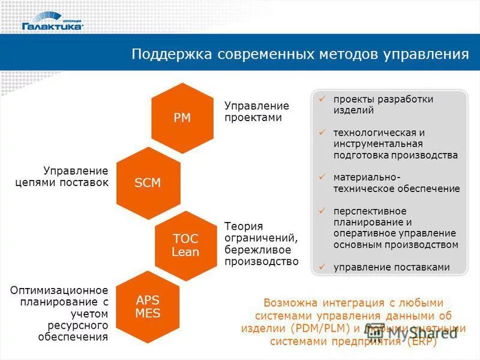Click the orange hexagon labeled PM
pos(182,118)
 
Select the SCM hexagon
pos(148,183)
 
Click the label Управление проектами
pos(256,112)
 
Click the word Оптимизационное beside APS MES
pos(59,290)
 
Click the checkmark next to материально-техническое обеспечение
pos(322,177)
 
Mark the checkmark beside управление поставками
pos(322,267)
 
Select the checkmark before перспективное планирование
pos(322,211)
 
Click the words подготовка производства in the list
pos(395,155)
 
